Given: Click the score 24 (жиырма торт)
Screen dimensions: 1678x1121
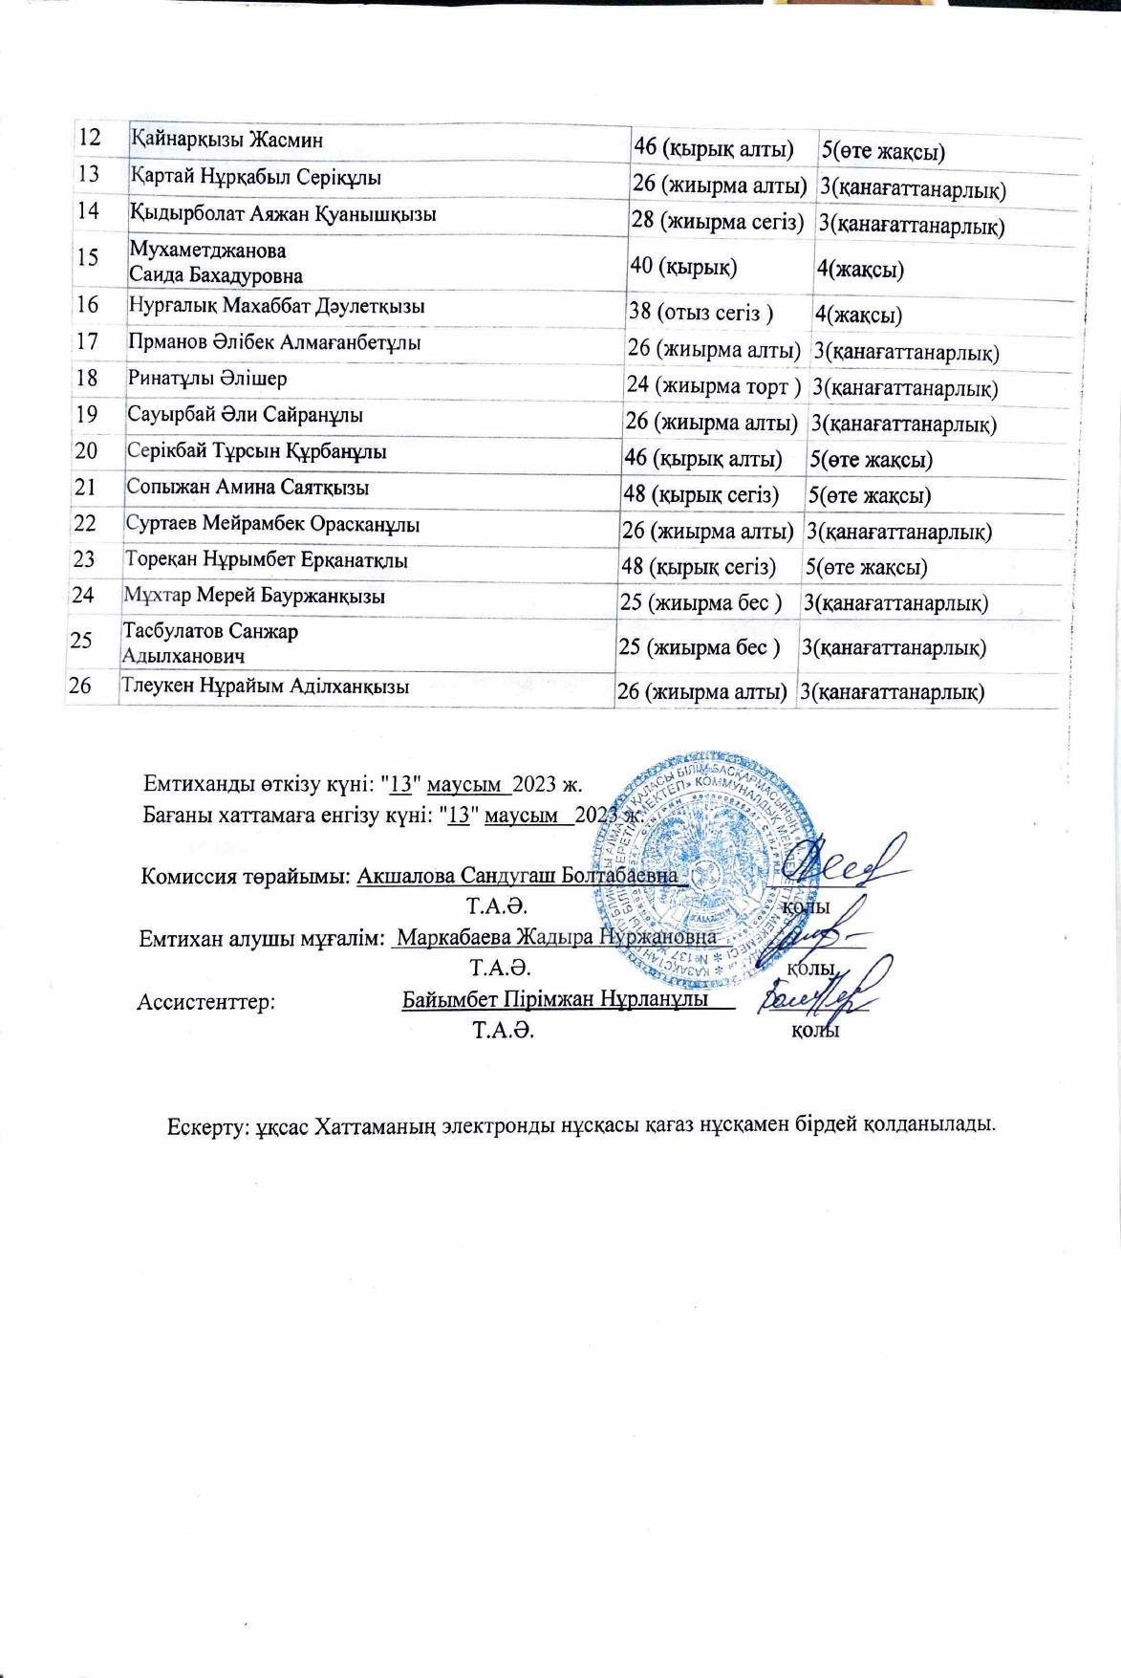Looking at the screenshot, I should (x=713, y=386).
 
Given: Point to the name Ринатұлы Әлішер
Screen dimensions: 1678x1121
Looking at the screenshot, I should (x=206, y=379).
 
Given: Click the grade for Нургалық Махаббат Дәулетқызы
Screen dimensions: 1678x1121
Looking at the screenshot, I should (x=859, y=315).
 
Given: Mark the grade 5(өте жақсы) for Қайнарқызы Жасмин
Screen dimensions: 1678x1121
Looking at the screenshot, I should (x=883, y=151).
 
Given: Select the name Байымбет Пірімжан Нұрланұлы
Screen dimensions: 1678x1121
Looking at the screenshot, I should (x=555, y=999).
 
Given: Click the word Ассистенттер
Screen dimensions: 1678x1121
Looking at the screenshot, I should (x=206, y=1002).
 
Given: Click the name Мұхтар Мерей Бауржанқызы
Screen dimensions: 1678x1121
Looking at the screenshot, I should (x=254, y=597).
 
